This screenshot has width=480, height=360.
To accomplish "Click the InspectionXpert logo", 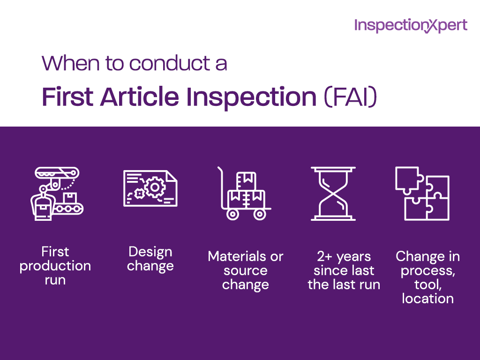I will click(411, 25).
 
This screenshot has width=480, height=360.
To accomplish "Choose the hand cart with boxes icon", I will click(244, 193).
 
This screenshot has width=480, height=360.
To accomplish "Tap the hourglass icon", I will click(333, 193).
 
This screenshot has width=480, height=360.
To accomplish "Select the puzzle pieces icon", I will click(422, 193).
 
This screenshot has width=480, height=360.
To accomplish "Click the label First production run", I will click(55, 266).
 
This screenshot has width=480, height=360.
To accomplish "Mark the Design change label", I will click(150, 259).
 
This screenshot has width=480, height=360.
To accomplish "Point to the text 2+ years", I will click(344, 256).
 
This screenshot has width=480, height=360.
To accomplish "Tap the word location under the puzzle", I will click(427, 299).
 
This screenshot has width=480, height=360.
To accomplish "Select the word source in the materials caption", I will click(245, 270).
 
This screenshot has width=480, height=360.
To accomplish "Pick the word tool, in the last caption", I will click(427, 285).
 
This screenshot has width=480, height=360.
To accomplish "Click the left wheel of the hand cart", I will click(232, 214).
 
